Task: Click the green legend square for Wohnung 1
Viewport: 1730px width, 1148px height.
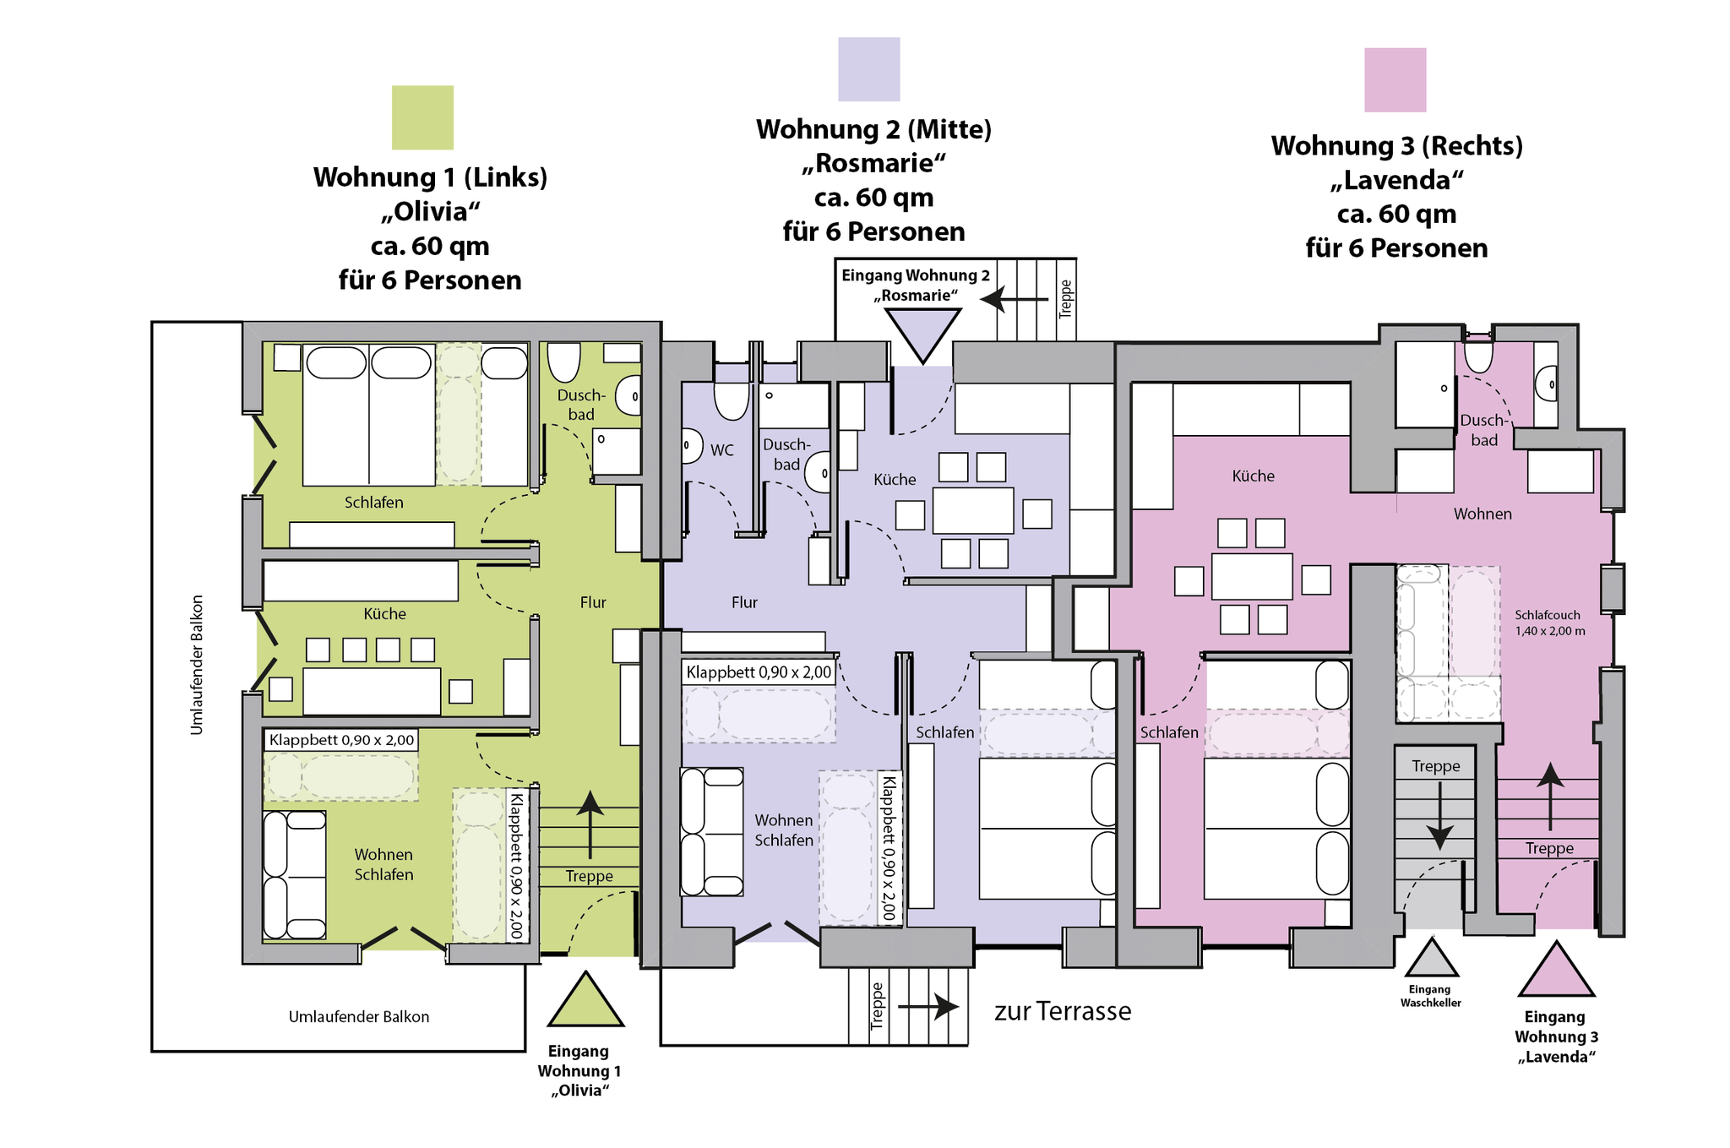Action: [x=422, y=117]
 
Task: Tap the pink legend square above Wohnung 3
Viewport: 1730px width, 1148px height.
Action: [x=1395, y=80]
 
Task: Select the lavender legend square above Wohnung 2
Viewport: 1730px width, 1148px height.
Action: [x=869, y=69]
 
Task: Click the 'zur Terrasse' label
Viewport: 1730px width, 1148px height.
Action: [x=1063, y=1011]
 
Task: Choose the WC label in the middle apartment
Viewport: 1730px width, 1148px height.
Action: [x=722, y=450]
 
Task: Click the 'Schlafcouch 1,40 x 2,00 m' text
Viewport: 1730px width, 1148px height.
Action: [x=1549, y=623]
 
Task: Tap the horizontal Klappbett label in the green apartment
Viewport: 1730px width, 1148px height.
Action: [x=341, y=740]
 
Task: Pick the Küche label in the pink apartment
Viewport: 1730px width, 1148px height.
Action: [x=1253, y=476]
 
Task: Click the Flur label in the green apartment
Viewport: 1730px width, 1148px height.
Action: [x=593, y=602]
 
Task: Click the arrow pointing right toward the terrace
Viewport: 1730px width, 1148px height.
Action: [x=928, y=1006]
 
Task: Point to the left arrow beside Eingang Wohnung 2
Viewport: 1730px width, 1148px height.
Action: [x=1014, y=299]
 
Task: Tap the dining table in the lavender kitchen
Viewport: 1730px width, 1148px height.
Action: [x=973, y=510]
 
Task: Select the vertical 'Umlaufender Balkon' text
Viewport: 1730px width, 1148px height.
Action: [x=197, y=665]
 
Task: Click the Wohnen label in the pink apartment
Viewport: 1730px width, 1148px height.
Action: [x=1482, y=514]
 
